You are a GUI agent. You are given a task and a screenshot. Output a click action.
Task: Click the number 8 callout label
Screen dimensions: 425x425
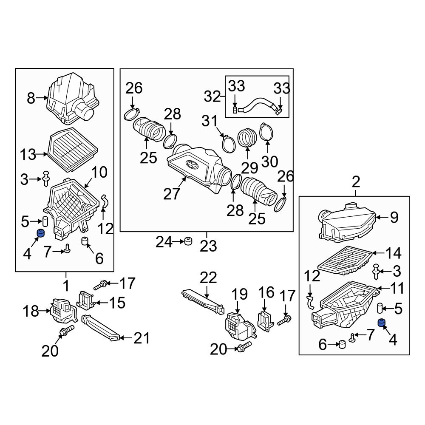click(31, 99)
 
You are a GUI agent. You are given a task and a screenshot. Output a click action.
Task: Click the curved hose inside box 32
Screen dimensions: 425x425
click(258, 105)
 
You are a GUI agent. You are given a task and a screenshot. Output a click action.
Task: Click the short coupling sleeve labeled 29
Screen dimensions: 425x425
click(247, 138)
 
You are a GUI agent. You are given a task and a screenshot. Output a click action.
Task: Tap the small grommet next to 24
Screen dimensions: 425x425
click(187, 242)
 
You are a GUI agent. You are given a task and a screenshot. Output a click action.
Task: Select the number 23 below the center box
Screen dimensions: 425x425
click(208, 246)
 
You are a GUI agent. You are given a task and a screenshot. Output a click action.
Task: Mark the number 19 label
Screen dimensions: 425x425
click(239, 294)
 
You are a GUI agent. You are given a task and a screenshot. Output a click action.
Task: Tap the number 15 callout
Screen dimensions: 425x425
click(117, 303)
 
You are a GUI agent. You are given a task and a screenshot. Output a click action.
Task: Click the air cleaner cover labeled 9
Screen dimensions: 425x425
click(346, 223)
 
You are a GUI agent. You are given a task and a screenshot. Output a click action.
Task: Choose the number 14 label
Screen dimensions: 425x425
click(393, 254)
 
